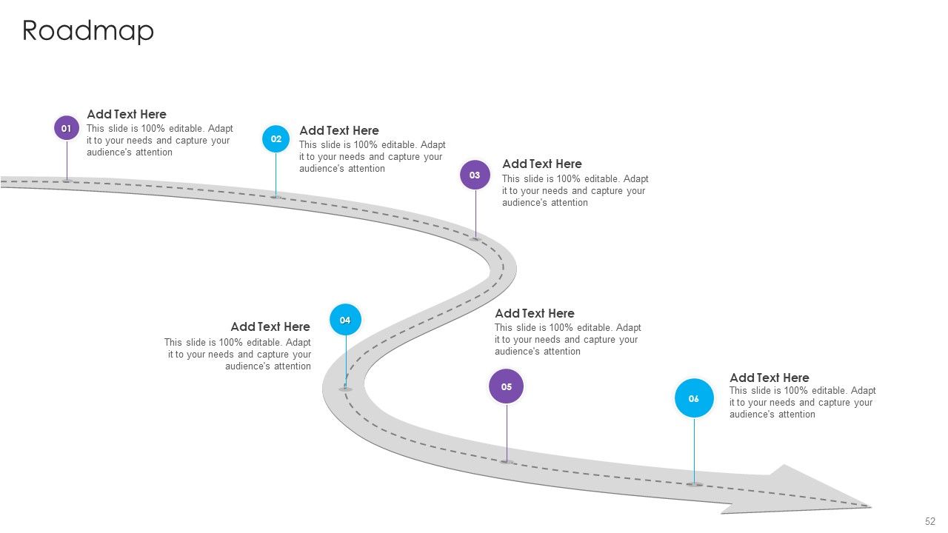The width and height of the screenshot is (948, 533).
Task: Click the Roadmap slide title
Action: tap(88, 31)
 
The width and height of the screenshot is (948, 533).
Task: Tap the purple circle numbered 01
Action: tap(67, 128)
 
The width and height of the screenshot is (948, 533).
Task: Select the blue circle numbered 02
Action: tap(276, 138)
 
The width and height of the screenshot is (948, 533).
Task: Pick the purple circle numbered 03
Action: tap(475, 175)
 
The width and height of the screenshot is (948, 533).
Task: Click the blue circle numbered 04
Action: tap(345, 320)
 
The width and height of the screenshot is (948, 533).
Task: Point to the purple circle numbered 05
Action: tap(506, 386)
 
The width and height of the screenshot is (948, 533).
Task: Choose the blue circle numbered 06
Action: tap(694, 398)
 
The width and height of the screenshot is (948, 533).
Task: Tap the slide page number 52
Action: tap(930, 521)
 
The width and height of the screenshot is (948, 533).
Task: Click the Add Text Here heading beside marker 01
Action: tap(127, 114)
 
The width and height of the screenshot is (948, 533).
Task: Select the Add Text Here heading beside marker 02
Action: tap(339, 130)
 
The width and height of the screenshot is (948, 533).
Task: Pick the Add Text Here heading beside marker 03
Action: tap(541, 164)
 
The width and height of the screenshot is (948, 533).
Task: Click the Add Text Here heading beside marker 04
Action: tap(270, 326)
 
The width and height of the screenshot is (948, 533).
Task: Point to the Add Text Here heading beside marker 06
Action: tap(770, 378)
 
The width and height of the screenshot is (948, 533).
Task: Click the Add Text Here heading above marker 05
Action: tap(535, 313)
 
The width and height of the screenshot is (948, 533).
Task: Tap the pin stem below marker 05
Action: tap(507, 433)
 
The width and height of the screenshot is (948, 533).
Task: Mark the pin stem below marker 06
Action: tap(694, 451)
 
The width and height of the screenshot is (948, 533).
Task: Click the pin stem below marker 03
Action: tap(475, 215)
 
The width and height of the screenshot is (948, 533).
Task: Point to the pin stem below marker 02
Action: tap(276, 175)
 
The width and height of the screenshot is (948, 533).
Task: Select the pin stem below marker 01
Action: tap(67, 161)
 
